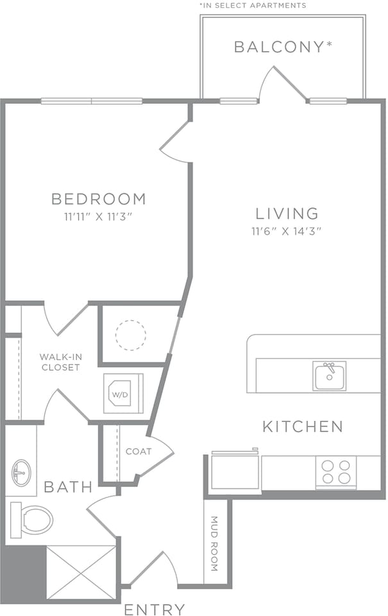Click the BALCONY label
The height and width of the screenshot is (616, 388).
point(282,47)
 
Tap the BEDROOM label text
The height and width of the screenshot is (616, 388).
point(99,199)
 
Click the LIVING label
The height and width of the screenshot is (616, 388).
point(287,213)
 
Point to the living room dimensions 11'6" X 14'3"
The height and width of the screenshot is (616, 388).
point(287,231)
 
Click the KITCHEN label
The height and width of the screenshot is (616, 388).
point(303,426)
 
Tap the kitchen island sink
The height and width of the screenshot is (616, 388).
point(330,376)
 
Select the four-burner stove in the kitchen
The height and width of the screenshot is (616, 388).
point(336,472)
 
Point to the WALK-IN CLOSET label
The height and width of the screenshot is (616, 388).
point(60,362)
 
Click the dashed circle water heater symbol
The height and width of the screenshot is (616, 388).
point(131,335)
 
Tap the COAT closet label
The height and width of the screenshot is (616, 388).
point(139,452)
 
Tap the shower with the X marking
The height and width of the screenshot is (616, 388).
point(81,572)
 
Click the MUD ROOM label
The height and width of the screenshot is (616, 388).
point(214,544)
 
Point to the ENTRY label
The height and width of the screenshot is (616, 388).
point(155,609)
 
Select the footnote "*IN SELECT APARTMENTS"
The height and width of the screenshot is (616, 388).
point(253,5)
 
